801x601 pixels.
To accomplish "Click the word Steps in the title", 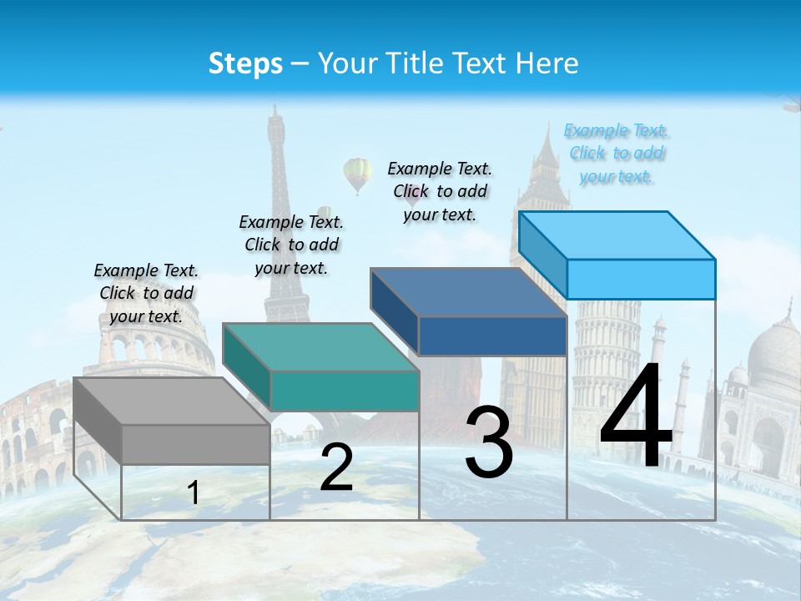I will [245, 63].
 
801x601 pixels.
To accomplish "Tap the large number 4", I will [636, 417].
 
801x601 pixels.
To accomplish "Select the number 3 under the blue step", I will [489, 442].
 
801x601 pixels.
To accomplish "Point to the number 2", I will [336, 467].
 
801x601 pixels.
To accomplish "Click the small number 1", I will [194, 492].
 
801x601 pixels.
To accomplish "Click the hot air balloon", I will [357, 174].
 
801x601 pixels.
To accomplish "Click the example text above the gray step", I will [146, 293].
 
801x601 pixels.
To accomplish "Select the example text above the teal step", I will [291, 245].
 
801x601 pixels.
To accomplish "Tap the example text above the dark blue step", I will [440, 191].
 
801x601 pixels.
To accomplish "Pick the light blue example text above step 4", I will [617, 153].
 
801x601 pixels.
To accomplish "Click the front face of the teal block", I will [345, 391].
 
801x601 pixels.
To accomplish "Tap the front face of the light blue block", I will [641, 279].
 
